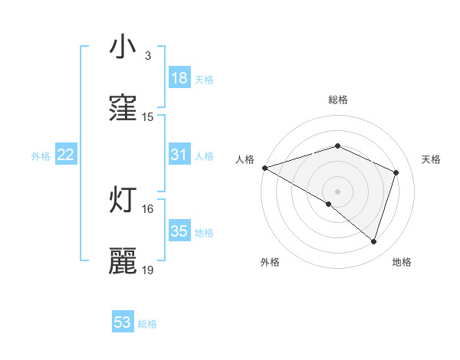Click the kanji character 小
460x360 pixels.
coord(123,47)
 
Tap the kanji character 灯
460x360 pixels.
coord(123,199)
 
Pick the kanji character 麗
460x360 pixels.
coord(123,260)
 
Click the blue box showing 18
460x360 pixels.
coord(179,79)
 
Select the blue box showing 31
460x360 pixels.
coord(179,155)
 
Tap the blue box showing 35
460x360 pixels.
coord(179,231)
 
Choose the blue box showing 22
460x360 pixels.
coord(66,155)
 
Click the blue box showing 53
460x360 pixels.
coord(123,322)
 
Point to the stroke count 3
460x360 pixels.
coord(147,56)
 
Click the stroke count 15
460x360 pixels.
coord(148,117)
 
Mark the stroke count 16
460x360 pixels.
coord(148,208)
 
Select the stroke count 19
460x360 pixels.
coord(148,270)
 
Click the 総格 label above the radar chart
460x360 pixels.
coord(338,100)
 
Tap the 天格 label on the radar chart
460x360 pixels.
coord(432,159)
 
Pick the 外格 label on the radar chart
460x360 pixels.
coord(270,262)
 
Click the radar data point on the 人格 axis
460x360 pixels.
coord(264,168)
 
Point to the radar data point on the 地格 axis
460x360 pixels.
coord(374,241)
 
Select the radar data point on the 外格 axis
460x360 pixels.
coord(329,204)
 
